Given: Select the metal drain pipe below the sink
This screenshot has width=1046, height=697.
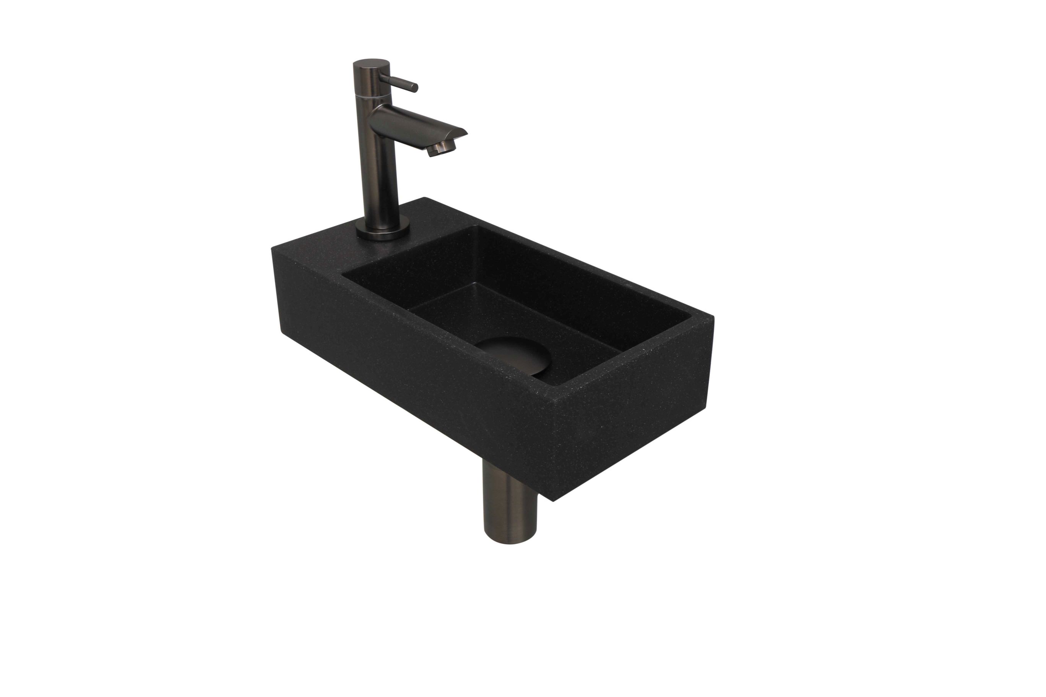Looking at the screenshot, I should click(x=509, y=507).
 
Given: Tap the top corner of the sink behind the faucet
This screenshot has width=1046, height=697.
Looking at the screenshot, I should click(x=425, y=198).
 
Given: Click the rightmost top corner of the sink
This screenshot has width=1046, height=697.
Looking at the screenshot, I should click(x=713, y=316).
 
